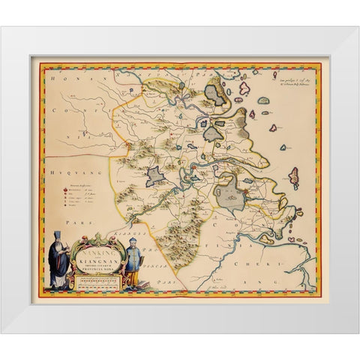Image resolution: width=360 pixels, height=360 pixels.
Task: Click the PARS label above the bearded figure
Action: click(x=55, y=223)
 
